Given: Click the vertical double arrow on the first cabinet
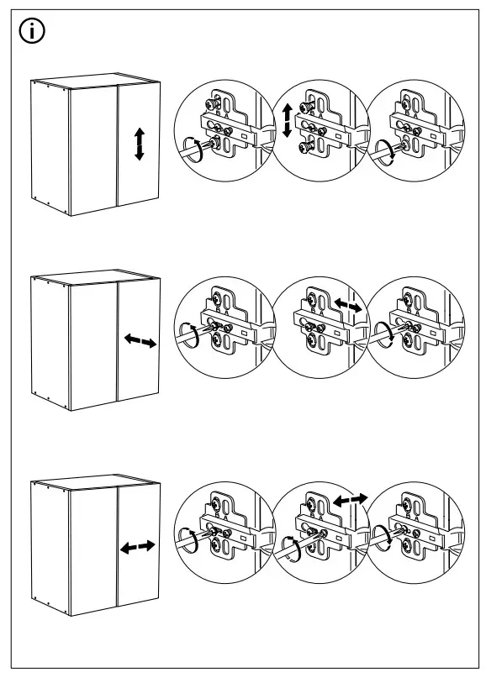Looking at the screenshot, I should click(x=140, y=145).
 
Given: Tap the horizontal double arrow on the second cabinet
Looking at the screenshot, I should click(x=140, y=341).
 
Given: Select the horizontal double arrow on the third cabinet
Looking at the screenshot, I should click(x=137, y=547).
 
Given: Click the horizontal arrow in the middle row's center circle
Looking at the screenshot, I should click(x=349, y=306).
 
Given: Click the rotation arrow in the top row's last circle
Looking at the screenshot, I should click(x=386, y=150).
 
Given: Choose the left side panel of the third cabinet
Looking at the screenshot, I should click(x=50, y=544).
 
